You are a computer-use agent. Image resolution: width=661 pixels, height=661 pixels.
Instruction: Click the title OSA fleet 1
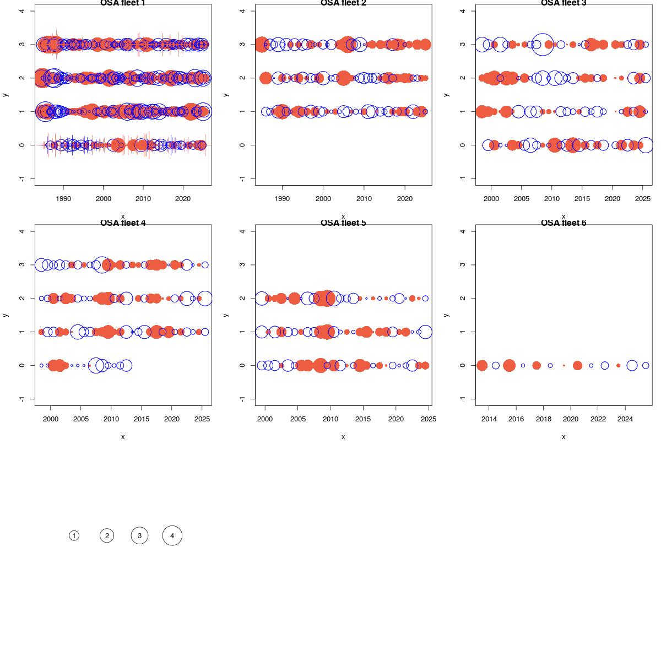(123, 3)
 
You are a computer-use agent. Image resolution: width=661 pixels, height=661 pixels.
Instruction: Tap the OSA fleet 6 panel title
(564, 223)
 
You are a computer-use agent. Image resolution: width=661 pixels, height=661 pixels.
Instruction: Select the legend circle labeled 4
(172, 535)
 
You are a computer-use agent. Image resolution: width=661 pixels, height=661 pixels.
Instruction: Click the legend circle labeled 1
(74, 535)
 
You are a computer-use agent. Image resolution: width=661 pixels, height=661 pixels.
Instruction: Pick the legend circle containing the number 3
(139, 535)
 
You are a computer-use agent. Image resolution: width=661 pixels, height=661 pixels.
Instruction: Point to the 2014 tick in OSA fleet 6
(489, 419)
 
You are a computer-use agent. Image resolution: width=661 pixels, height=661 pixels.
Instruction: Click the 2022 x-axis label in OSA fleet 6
(598, 419)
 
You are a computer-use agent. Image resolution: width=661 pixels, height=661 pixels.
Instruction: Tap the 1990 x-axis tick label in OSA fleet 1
(63, 199)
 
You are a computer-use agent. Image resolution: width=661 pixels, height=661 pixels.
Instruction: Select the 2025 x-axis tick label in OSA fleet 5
(429, 419)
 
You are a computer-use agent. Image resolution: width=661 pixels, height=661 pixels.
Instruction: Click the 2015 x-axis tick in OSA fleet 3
(582, 199)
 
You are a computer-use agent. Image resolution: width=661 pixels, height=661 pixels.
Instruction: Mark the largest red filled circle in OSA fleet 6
(509, 365)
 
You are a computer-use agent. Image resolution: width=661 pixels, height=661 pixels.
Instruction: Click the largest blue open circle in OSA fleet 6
(632, 365)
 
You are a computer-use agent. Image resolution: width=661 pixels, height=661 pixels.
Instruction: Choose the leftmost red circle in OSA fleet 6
(482, 365)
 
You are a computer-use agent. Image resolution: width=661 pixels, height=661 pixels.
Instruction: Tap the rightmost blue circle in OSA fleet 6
(646, 365)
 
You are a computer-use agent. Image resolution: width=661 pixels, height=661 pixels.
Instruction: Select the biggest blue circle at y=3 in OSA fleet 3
(543, 44)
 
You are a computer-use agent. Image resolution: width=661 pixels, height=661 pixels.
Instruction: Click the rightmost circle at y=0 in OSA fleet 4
(126, 365)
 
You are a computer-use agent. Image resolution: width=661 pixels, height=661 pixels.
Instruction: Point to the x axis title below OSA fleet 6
(564, 437)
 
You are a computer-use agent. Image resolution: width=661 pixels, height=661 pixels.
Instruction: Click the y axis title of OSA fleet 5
(226, 315)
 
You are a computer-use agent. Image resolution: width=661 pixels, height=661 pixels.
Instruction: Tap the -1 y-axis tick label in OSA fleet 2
(242, 178)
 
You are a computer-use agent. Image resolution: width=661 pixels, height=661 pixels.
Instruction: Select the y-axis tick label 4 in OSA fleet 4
(21, 231)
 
